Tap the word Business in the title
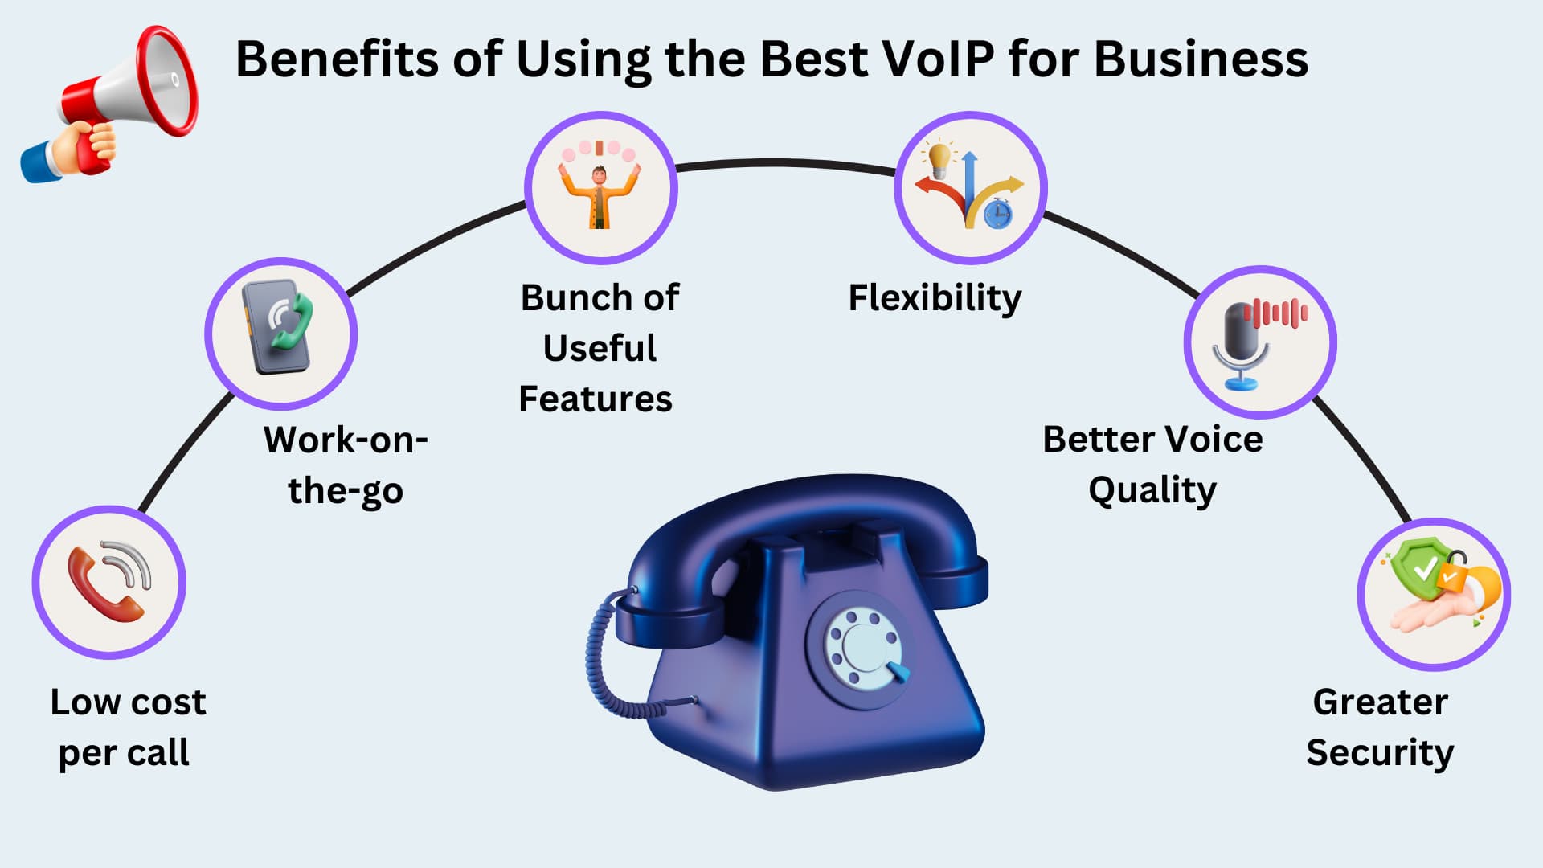click(1201, 59)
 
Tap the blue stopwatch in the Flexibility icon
click(998, 214)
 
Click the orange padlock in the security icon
click(1453, 572)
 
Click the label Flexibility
click(935, 298)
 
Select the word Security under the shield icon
click(1380, 754)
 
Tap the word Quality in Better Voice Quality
click(1152, 490)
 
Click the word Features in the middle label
click(596, 399)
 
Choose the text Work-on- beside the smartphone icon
click(346, 440)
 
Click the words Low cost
click(129, 702)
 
